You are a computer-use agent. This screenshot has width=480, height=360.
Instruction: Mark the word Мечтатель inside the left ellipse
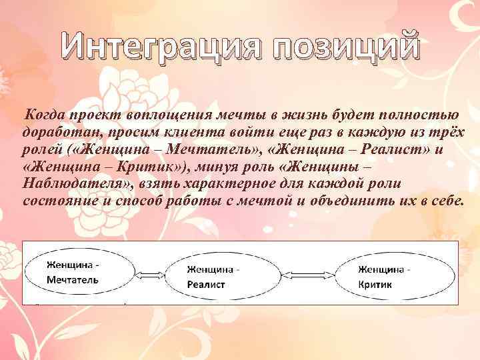click(x=73, y=280)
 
